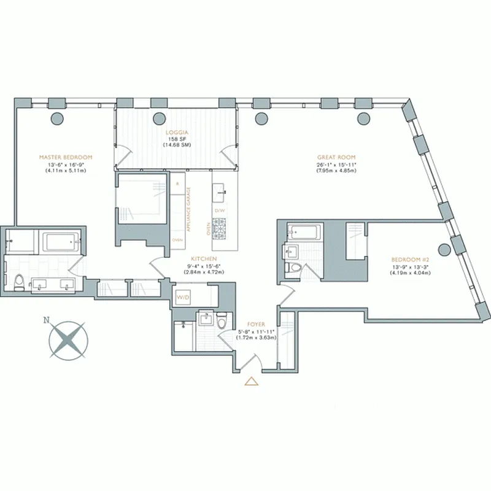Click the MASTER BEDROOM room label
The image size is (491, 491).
pos(65,157)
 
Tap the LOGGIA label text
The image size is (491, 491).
pos(175,132)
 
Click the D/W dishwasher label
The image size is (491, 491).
pos(220,211)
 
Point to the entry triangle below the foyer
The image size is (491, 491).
pos(250,382)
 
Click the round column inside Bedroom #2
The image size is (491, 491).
pos(443,249)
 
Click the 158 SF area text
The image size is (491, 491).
pos(175,139)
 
